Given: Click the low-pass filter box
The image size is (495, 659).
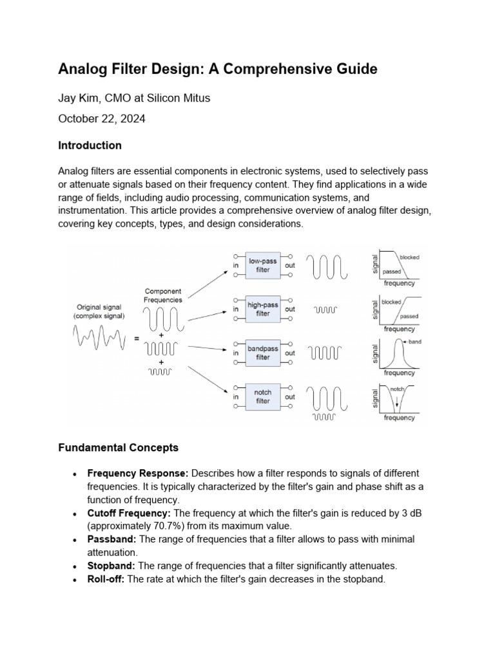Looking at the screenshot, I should click(x=263, y=265).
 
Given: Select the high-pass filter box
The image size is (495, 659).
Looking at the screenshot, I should click(x=263, y=309).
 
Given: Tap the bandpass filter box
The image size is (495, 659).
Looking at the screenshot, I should click(x=263, y=353).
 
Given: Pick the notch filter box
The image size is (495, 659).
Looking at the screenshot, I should click(x=263, y=396).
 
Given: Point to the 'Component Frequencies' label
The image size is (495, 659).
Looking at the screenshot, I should click(x=163, y=295).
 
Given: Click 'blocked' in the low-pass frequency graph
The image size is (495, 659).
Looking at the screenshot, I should click(x=409, y=257).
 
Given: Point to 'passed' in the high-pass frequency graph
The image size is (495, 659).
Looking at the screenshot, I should click(x=409, y=317).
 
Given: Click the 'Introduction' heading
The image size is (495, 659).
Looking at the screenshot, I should click(x=90, y=145).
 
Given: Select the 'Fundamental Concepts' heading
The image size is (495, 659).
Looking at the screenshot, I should click(x=118, y=447).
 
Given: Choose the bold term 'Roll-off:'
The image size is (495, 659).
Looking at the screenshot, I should click(x=107, y=579).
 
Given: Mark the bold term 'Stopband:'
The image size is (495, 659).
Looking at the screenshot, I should click(x=112, y=565).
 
